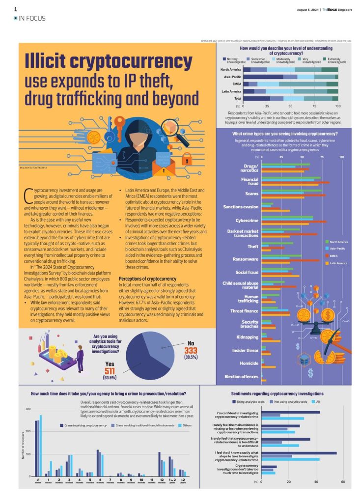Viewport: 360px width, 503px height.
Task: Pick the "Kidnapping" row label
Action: click(247, 337)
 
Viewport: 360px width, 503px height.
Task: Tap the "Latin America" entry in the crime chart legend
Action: click(338, 263)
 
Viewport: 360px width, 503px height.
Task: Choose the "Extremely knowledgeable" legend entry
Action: click(336, 60)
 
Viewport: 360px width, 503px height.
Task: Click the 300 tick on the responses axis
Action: click(28, 409)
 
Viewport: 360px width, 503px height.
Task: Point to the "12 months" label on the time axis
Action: click(161, 480)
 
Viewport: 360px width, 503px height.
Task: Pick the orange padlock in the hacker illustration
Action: click(187, 158)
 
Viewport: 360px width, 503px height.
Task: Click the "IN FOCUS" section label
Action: click(32, 18)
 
